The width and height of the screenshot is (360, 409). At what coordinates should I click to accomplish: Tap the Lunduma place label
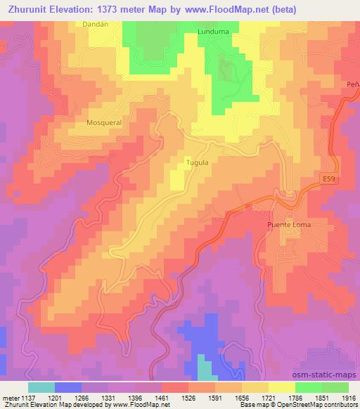pos(214,31)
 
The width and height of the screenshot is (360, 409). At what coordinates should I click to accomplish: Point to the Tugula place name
pos(196,162)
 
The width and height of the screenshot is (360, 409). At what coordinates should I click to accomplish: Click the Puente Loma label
pos(288,225)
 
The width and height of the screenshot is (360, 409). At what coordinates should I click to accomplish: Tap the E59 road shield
pos(330,181)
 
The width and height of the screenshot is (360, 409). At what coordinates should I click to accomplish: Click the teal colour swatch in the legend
pos(41,387)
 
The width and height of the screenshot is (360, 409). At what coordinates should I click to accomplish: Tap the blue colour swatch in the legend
pos(68,387)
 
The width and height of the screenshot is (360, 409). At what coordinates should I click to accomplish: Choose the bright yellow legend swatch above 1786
pos(281,387)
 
